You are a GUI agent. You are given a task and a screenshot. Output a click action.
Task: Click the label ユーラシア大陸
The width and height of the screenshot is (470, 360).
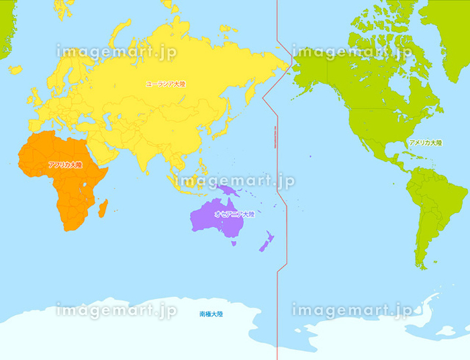click(166, 84)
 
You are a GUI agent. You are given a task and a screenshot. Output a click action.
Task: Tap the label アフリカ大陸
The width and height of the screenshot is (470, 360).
click(64, 165)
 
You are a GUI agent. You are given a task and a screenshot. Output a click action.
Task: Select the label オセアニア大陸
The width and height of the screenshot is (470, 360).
click(234, 214)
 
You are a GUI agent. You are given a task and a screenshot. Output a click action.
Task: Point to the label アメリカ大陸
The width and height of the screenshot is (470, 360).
click(426, 143)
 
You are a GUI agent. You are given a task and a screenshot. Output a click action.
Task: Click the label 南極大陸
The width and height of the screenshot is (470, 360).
click(211, 314)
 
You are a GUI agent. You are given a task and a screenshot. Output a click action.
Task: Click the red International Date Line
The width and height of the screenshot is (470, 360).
click(277, 201)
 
